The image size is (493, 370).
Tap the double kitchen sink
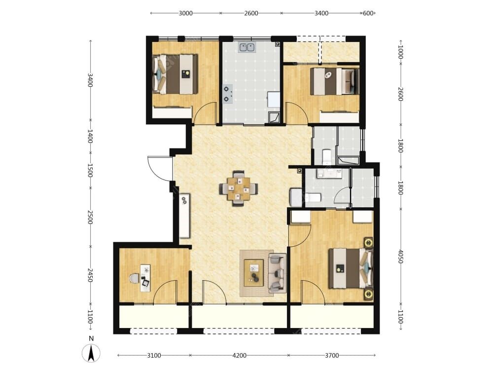point(247,47)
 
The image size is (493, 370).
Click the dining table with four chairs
point(239,188)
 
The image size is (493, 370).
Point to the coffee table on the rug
point(254,273)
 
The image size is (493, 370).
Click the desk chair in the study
point(134,278)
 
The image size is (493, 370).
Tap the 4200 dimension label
point(239,356)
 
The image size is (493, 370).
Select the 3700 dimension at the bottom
point(332,356)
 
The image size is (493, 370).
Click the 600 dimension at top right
point(368,13)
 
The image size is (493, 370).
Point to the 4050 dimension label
point(400,257)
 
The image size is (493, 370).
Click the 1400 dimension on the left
point(90,136)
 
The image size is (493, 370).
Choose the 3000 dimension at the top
point(185,13)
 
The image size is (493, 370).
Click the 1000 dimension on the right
point(400,52)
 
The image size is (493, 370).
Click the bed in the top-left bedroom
point(175,74)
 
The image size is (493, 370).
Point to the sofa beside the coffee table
point(277,273)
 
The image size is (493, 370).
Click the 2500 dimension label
point(90,218)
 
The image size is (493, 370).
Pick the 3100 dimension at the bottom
point(154,356)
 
